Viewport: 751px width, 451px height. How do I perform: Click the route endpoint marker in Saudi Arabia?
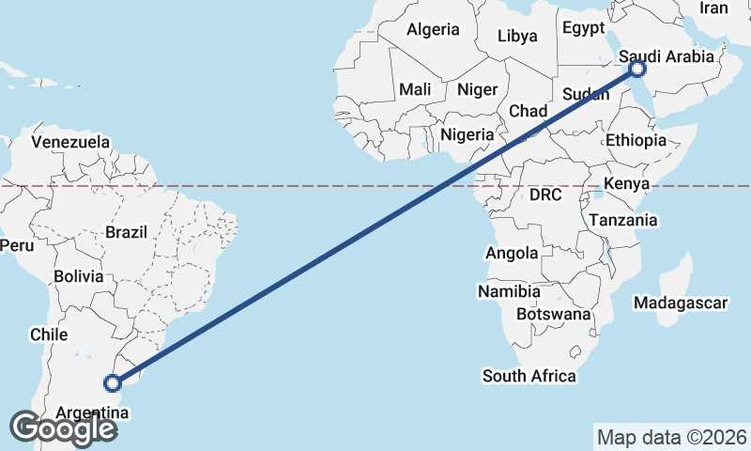pos(638,69)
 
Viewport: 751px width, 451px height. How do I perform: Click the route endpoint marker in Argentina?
pos(113,382)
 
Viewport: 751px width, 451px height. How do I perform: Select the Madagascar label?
pos(682,303)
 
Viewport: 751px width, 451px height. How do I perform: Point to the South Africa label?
pos(529,376)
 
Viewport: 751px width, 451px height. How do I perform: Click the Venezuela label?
pos(70,142)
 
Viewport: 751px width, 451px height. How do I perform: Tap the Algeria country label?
pos(433,29)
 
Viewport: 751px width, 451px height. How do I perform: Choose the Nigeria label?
pos(467,134)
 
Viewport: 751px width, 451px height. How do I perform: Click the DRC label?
pos(544,195)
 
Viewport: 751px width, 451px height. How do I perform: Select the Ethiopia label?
pos(636,140)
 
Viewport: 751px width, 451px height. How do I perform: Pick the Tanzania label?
pos(623,221)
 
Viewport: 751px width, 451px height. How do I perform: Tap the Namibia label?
pos(509,291)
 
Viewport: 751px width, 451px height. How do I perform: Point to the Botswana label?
pos(554,314)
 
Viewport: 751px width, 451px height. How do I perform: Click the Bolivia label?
pos(77,277)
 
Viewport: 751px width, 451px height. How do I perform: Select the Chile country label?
pos(49,334)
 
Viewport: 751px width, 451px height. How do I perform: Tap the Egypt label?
pos(584,28)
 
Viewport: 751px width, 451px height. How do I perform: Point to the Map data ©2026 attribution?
pos(672,437)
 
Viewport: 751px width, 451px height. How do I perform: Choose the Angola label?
pos(512,253)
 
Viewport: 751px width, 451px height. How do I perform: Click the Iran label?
pos(713,8)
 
